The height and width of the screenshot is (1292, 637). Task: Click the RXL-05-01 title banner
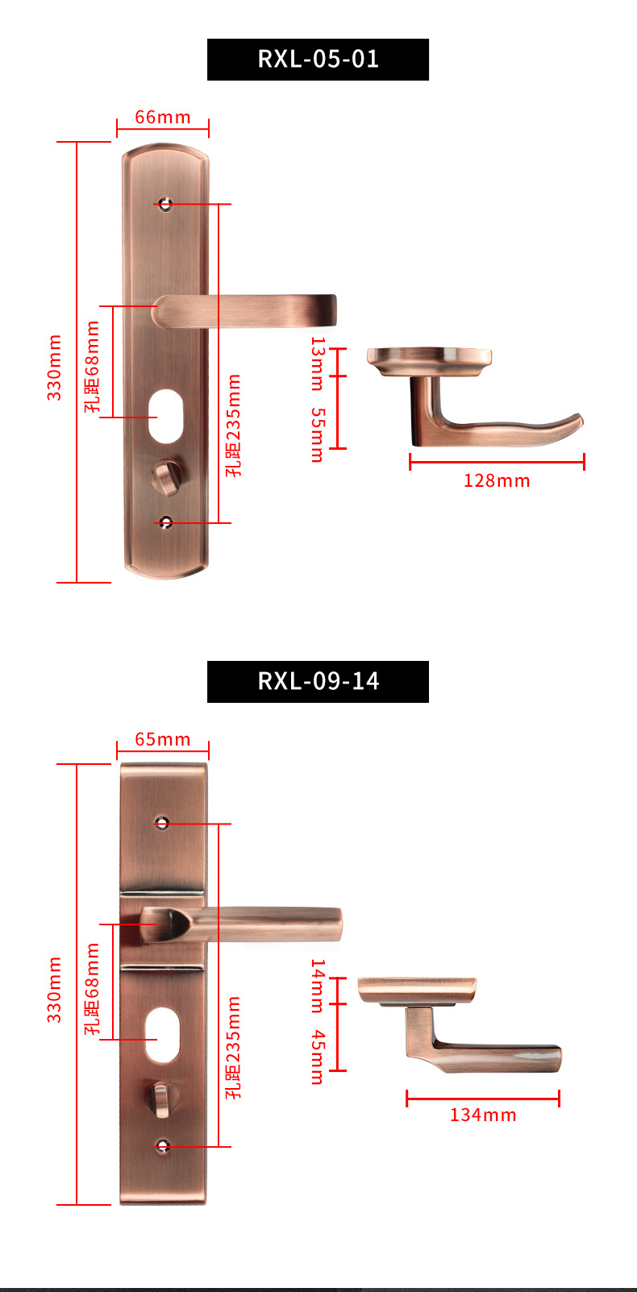[x=318, y=60]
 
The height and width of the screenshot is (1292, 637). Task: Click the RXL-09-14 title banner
[x=318, y=681]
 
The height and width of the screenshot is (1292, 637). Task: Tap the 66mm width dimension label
[x=163, y=117]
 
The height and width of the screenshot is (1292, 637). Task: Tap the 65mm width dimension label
[x=163, y=739]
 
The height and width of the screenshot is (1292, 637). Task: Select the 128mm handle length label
[x=497, y=480]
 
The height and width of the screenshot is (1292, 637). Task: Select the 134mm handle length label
[x=483, y=1115]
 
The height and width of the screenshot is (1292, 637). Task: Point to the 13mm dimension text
[x=318, y=364]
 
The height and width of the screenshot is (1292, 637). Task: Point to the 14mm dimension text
[x=318, y=986]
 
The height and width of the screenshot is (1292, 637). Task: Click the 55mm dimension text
[x=318, y=435]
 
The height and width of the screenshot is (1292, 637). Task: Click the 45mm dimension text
[x=318, y=1057]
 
